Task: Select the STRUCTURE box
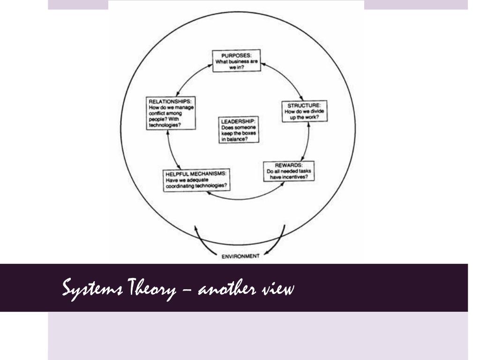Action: click(x=304, y=111)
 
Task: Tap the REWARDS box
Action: click(x=287, y=172)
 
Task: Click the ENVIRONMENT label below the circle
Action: click(x=240, y=256)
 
